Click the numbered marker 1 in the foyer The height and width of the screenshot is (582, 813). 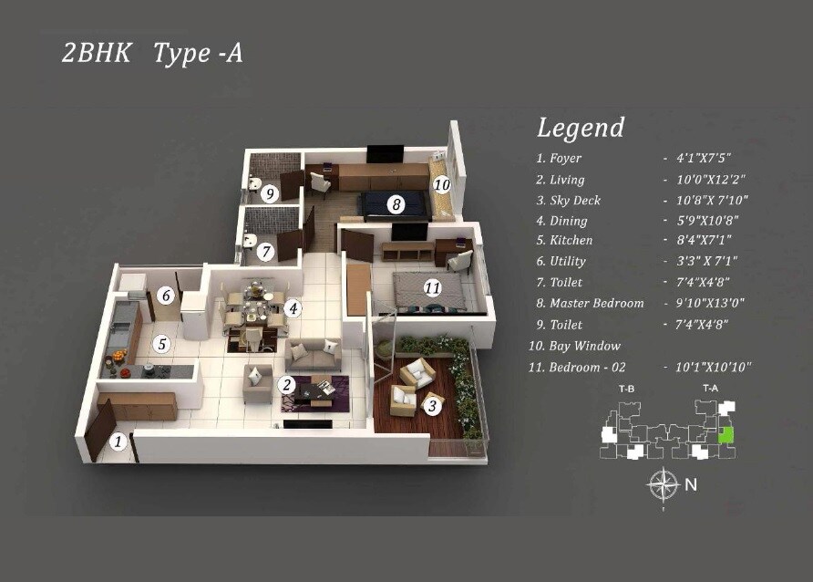click(118, 442)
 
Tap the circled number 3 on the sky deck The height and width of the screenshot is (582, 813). click(432, 405)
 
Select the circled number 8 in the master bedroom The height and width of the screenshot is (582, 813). click(396, 204)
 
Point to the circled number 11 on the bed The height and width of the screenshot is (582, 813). click(432, 287)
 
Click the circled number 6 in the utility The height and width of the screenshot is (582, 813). click(165, 296)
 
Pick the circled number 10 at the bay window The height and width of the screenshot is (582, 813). click(441, 183)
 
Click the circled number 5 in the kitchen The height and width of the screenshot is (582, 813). click(161, 344)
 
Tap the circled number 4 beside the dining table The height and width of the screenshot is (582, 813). click(292, 308)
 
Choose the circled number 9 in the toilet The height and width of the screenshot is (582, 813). click(269, 193)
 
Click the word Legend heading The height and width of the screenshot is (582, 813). click(581, 128)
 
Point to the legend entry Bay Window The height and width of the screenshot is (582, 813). click(584, 346)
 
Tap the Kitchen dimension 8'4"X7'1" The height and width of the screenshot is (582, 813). click(705, 241)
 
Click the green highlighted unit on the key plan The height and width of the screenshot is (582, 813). click(726, 435)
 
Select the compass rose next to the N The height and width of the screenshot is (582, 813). click(663, 483)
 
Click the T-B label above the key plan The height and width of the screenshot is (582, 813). click(626, 390)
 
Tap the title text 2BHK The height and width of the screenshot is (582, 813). click(97, 53)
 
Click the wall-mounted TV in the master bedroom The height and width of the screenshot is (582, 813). click(385, 154)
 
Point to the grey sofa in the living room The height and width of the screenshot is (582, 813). click(313, 355)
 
